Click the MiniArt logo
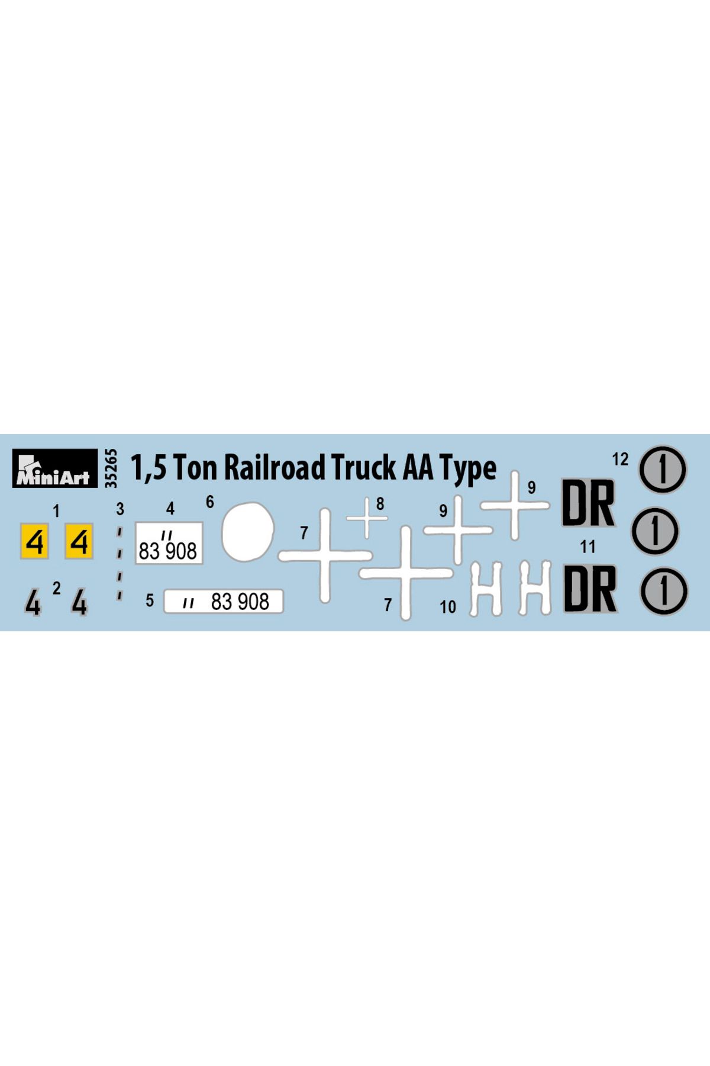coord(55,468)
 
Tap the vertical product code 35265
coord(111,468)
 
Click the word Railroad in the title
coord(276,467)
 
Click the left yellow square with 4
coord(34,541)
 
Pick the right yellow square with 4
coord(79,541)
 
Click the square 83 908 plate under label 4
coord(169,542)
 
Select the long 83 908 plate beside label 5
coord(223,601)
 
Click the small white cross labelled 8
coord(367,518)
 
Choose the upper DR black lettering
coord(588,503)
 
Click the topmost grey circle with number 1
coord(663,469)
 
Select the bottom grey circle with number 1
coord(664,591)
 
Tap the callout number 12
coord(620,459)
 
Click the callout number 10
coord(448,606)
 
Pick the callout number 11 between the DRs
coord(588,546)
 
